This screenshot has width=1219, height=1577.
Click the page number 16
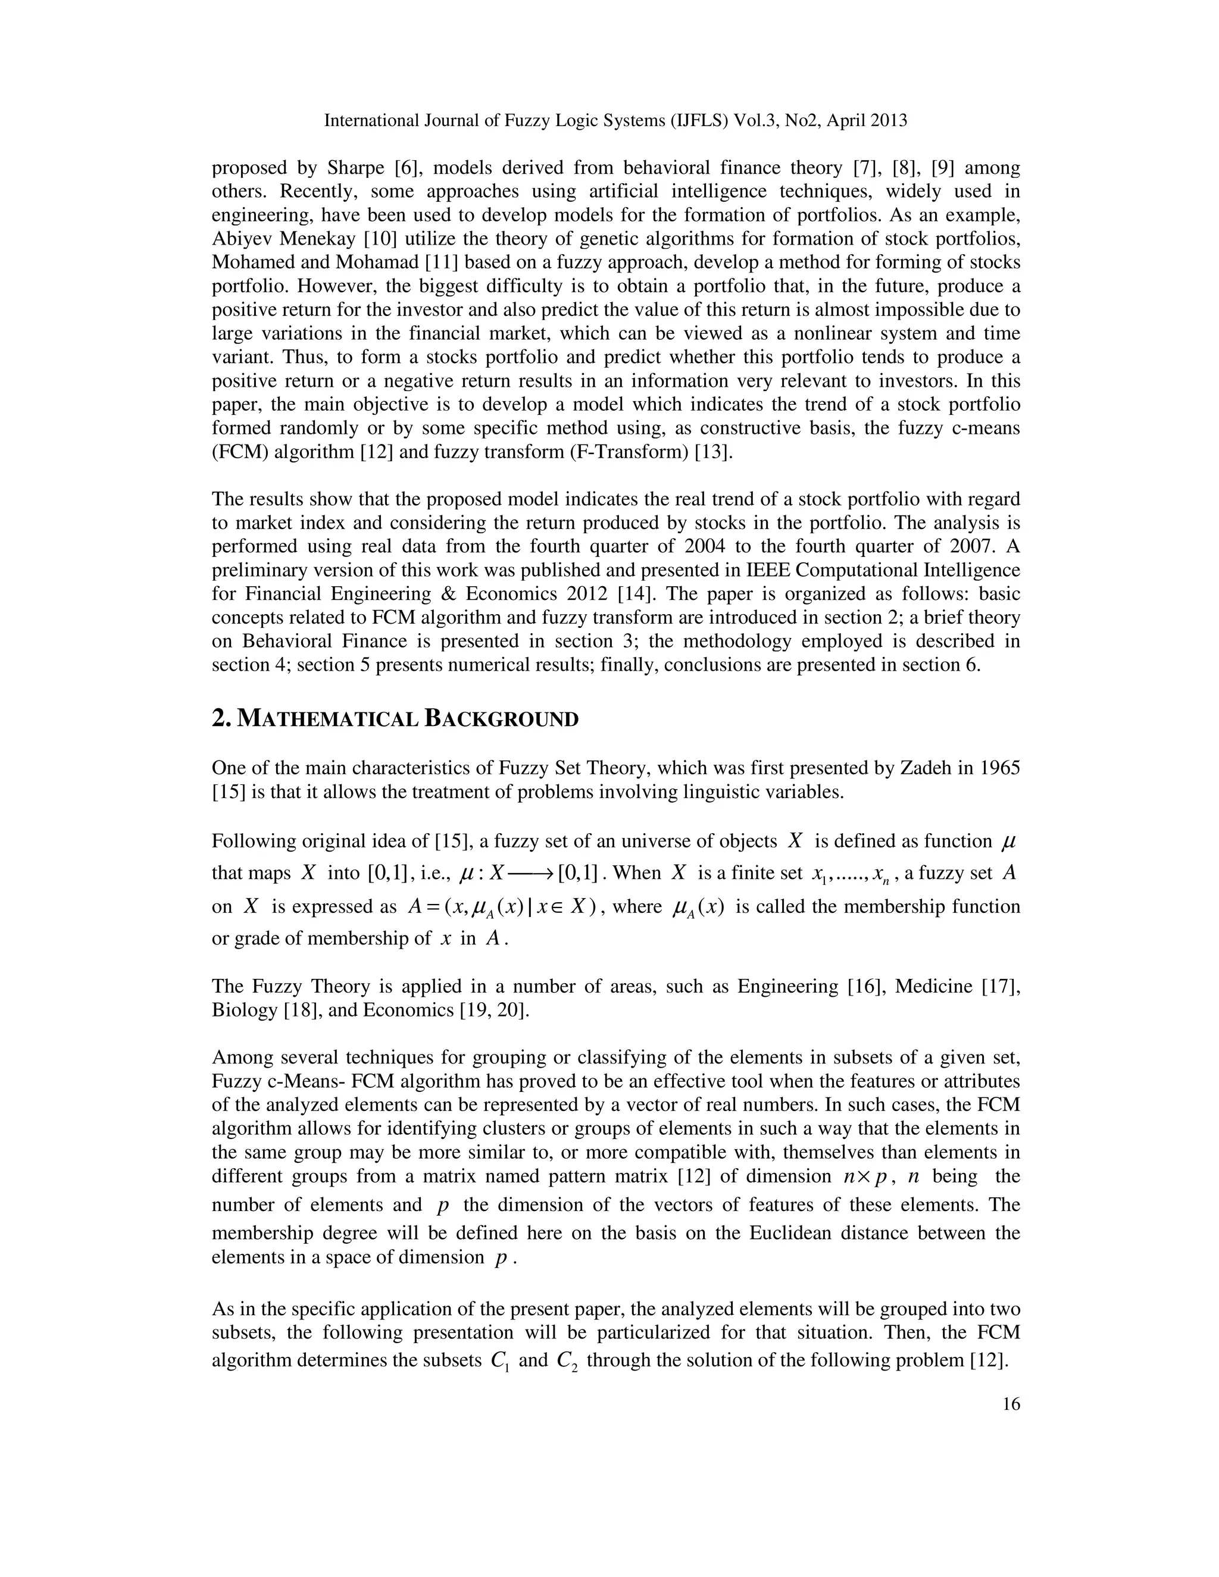point(1011,1404)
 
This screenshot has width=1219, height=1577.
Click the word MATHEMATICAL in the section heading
point(327,719)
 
